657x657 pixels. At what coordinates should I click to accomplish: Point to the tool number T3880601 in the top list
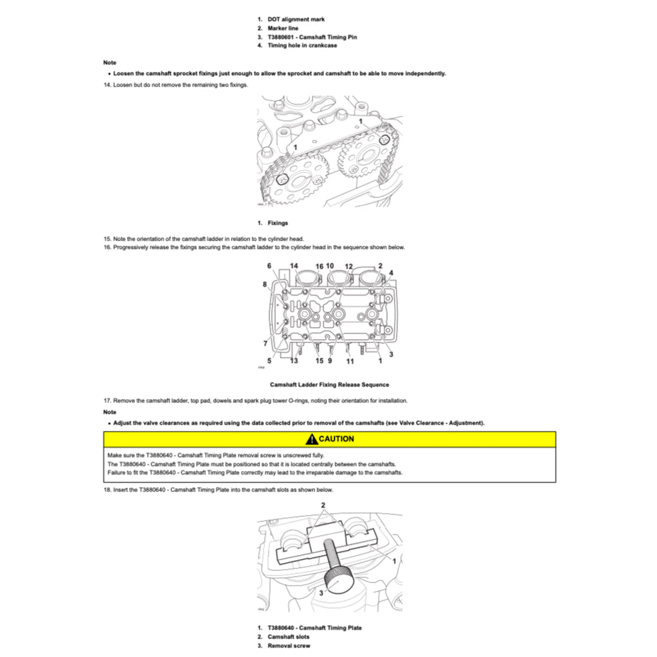(283, 37)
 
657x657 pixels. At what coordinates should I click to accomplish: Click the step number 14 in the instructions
(107, 85)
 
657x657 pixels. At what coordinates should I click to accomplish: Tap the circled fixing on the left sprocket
(282, 179)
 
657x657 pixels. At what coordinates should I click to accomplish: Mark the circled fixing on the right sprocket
(384, 139)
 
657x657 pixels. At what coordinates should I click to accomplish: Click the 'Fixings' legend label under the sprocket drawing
(277, 223)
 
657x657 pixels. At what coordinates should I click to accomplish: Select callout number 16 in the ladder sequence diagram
(319, 266)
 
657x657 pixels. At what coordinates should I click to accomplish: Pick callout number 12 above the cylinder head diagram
(348, 266)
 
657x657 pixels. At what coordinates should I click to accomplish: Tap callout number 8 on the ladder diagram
(264, 284)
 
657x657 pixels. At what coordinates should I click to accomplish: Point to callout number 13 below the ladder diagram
(294, 361)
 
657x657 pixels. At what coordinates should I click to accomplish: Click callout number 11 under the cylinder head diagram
(350, 361)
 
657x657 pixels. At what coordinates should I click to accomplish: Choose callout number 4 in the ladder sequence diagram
(391, 273)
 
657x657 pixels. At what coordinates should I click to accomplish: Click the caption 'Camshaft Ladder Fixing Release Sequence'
(328, 385)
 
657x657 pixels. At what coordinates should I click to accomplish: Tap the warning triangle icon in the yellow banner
(311, 439)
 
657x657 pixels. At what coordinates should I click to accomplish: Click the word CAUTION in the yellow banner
(336, 439)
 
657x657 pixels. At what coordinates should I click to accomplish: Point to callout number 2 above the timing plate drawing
(323, 506)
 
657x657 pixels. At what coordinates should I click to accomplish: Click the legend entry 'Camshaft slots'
(288, 637)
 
